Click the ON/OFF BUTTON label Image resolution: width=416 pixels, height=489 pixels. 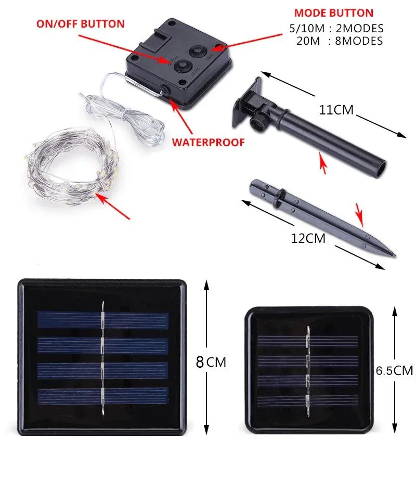click(81, 24)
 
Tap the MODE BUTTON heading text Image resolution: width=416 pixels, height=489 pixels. click(334, 13)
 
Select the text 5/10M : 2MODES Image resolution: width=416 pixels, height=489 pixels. click(336, 29)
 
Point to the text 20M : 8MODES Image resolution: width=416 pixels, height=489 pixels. click(340, 41)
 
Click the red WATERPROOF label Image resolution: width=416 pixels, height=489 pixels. click(209, 142)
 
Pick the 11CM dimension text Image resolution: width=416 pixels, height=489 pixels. click(336, 110)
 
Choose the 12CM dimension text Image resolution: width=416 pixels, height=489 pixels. click(308, 238)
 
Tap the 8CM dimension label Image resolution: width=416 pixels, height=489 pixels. click(211, 362)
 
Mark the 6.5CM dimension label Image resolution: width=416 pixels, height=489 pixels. click(395, 370)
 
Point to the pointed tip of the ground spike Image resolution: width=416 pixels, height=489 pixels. click(395, 256)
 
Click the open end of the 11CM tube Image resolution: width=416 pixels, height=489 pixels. click(381, 169)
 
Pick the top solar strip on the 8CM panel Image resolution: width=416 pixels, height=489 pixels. click(103, 319)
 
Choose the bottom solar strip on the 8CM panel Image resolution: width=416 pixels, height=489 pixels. click(103, 396)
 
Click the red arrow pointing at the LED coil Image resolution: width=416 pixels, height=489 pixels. click(112, 206)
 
